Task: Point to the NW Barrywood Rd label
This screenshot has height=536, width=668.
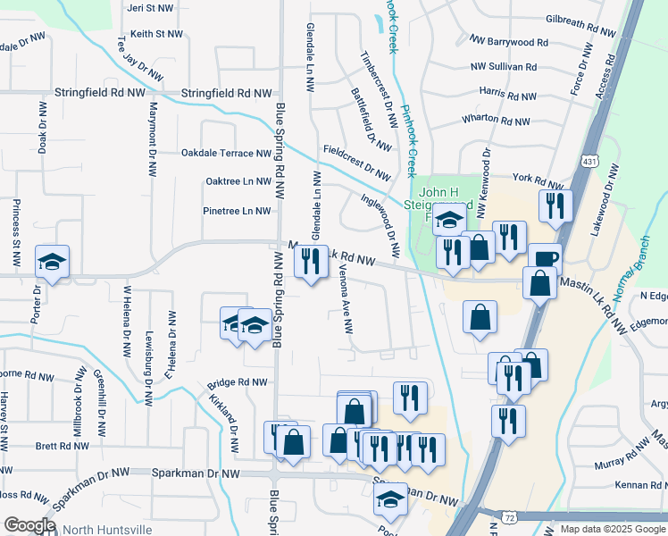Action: click(508, 42)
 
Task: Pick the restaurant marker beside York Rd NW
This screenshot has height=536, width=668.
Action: click(555, 205)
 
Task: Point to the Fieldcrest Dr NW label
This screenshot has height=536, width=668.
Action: click(357, 161)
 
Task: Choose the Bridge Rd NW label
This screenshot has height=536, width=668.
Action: click(238, 382)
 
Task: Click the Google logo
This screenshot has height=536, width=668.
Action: click(29, 525)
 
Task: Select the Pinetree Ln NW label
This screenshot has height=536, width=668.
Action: click(238, 212)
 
